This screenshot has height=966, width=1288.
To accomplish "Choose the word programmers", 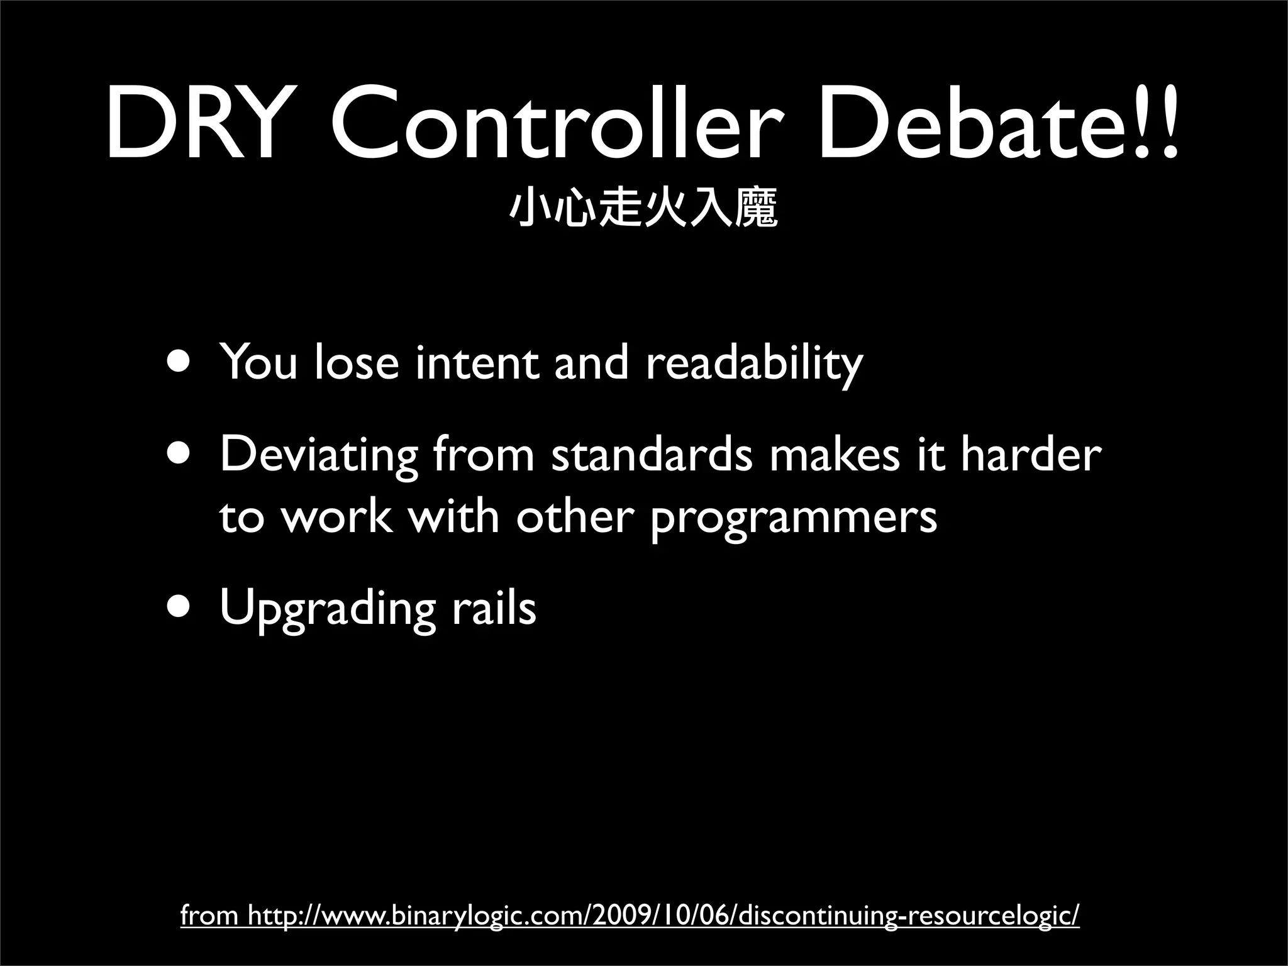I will click(793, 517).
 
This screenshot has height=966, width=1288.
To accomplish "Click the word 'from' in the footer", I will click(209, 916).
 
